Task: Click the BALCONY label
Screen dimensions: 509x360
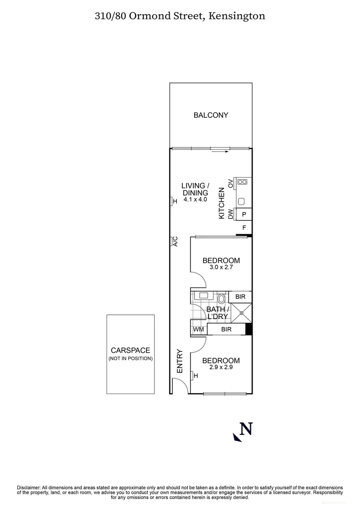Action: (x=211, y=115)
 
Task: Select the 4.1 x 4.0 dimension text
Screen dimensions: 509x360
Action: (x=196, y=199)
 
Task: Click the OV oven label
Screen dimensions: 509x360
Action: (x=230, y=183)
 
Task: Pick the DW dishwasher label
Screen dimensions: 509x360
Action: (x=230, y=214)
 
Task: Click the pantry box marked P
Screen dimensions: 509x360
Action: (x=244, y=214)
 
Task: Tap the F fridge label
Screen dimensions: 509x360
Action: (x=244, y=228)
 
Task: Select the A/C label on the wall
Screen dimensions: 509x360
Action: (x=174, y=241)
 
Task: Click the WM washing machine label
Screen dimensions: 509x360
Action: (x=198, y=329)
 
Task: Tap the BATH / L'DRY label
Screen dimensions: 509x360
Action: (x=218, y=313)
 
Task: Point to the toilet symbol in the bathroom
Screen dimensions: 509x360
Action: (x=221, y=298)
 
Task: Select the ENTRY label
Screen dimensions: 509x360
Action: (x=180, y=361)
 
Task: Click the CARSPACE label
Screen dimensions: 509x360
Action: (x=130, y=350)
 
